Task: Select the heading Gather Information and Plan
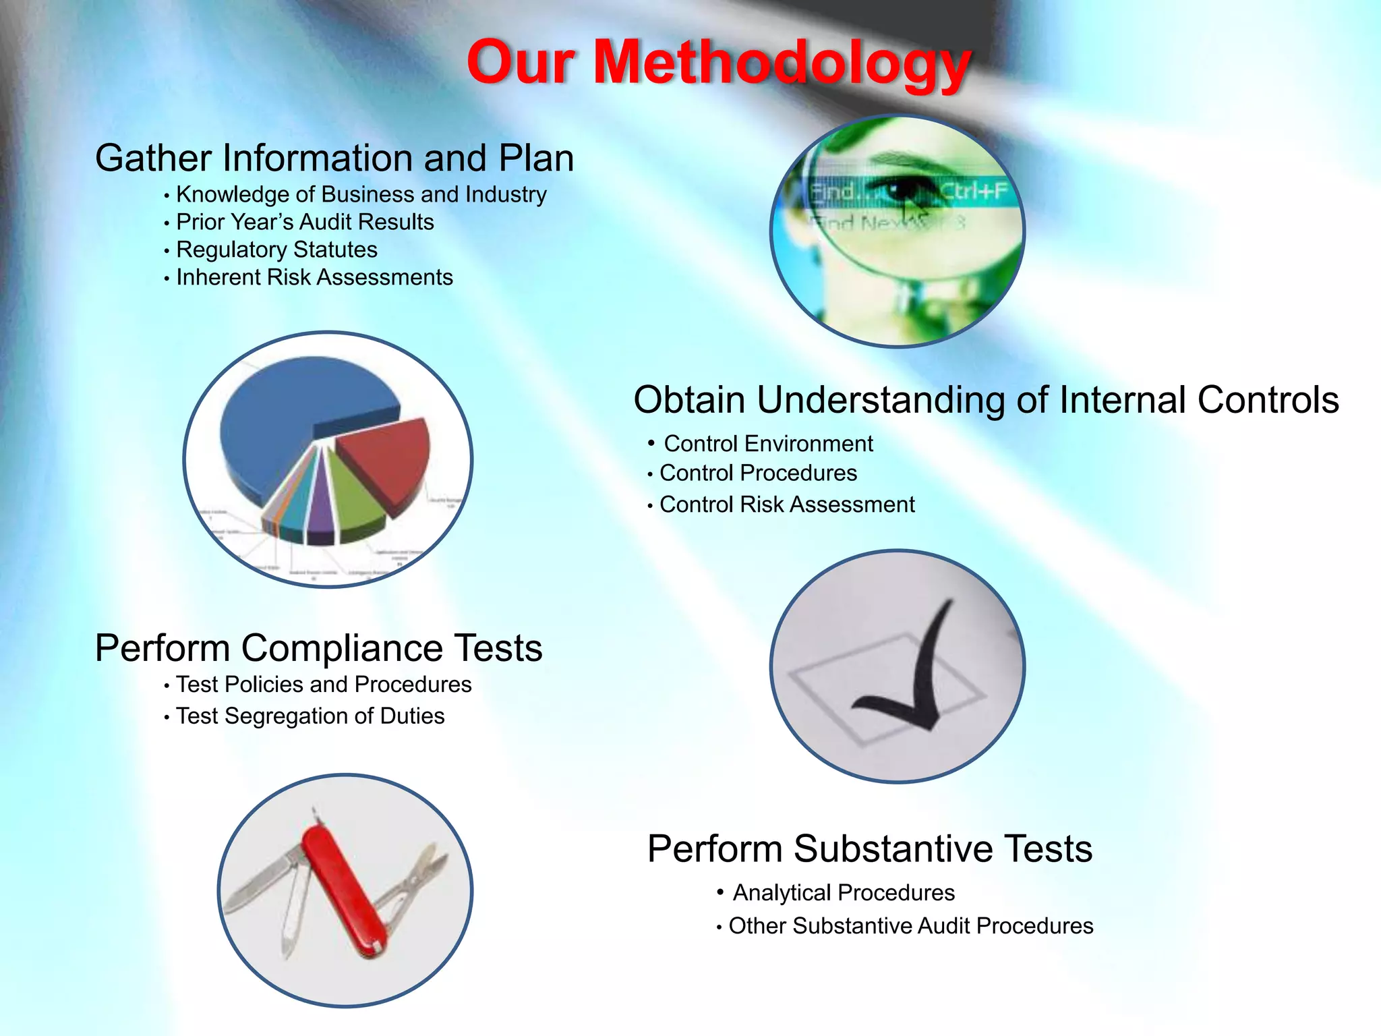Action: pyautogui.click(x=334, y=158)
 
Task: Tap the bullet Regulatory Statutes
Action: pyautogui.click(x=276, y=250)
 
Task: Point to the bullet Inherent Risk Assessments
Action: pyautogui.click(x=314, y=277)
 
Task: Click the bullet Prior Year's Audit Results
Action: pyautogui.click(x=305, y=222)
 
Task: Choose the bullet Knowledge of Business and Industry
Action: pyautogui.click(x=361, y=194)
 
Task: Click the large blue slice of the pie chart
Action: pyautogui.click(x=283, y=418)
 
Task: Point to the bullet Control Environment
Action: pyautogui.click(x=768, y=444)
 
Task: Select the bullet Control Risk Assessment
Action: pyautogui.click(x=787, y=505)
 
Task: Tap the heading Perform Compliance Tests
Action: pyautogui.click(x=319, y=648)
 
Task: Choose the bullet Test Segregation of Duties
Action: pyautogui.click(x=310, y=716)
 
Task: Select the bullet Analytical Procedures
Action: pyautogui.click(x=844, y=893)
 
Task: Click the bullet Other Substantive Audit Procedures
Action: pyautogui.click(x=911, y=926)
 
